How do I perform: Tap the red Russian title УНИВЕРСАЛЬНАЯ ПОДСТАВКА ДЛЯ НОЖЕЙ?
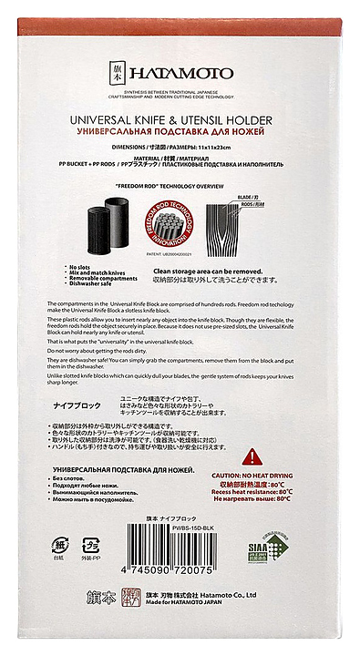180,131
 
